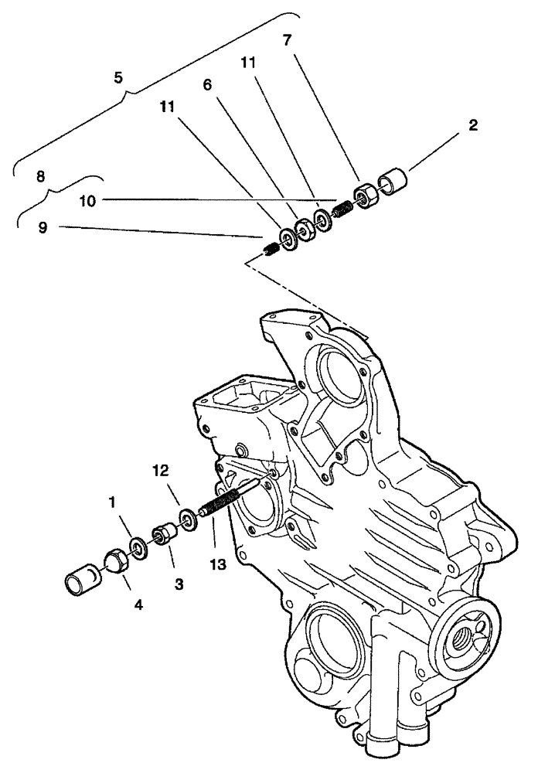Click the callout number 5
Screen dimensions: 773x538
pos(118,78)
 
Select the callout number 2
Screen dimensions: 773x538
pos(472,124)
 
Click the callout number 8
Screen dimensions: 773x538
pos(40,176)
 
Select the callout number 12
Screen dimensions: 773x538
pos(159,470)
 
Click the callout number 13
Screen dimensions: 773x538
pos(217,565)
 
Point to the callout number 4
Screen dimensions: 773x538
pos(138,605)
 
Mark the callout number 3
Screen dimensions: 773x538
pos(179,585)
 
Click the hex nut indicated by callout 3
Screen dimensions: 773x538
pos(165,534)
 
